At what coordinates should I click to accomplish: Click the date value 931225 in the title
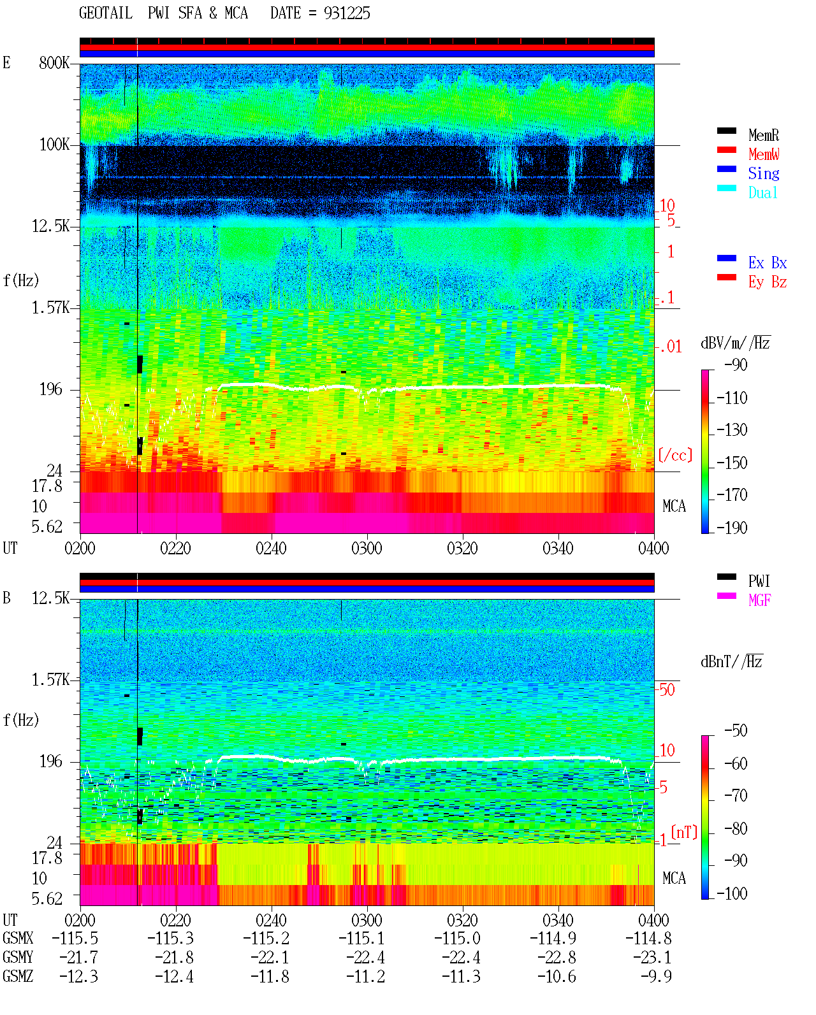click(347, 13)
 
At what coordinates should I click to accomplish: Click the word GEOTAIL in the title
click(106, 13)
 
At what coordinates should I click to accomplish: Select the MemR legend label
click(764, 135)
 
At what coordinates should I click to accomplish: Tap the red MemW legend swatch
click(726, 150)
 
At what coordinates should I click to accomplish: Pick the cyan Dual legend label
click(763, 192)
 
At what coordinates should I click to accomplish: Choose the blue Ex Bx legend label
click(768, 263)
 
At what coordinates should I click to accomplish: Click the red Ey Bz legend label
click(768, 282)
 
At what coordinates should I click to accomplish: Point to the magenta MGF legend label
click(759, 600)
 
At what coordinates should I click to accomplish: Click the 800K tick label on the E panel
click(54, 62)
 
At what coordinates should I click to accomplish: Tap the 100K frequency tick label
click(54, 145)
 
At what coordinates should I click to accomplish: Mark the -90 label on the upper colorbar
click(736, 364)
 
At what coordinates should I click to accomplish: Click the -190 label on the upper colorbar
click(732, 528)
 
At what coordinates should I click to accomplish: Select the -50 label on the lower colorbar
click(736, 731)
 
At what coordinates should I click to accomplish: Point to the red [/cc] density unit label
click(675, 455)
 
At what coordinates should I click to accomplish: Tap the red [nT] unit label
click(684, 832)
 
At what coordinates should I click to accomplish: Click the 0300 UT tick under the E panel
click(367, 548)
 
